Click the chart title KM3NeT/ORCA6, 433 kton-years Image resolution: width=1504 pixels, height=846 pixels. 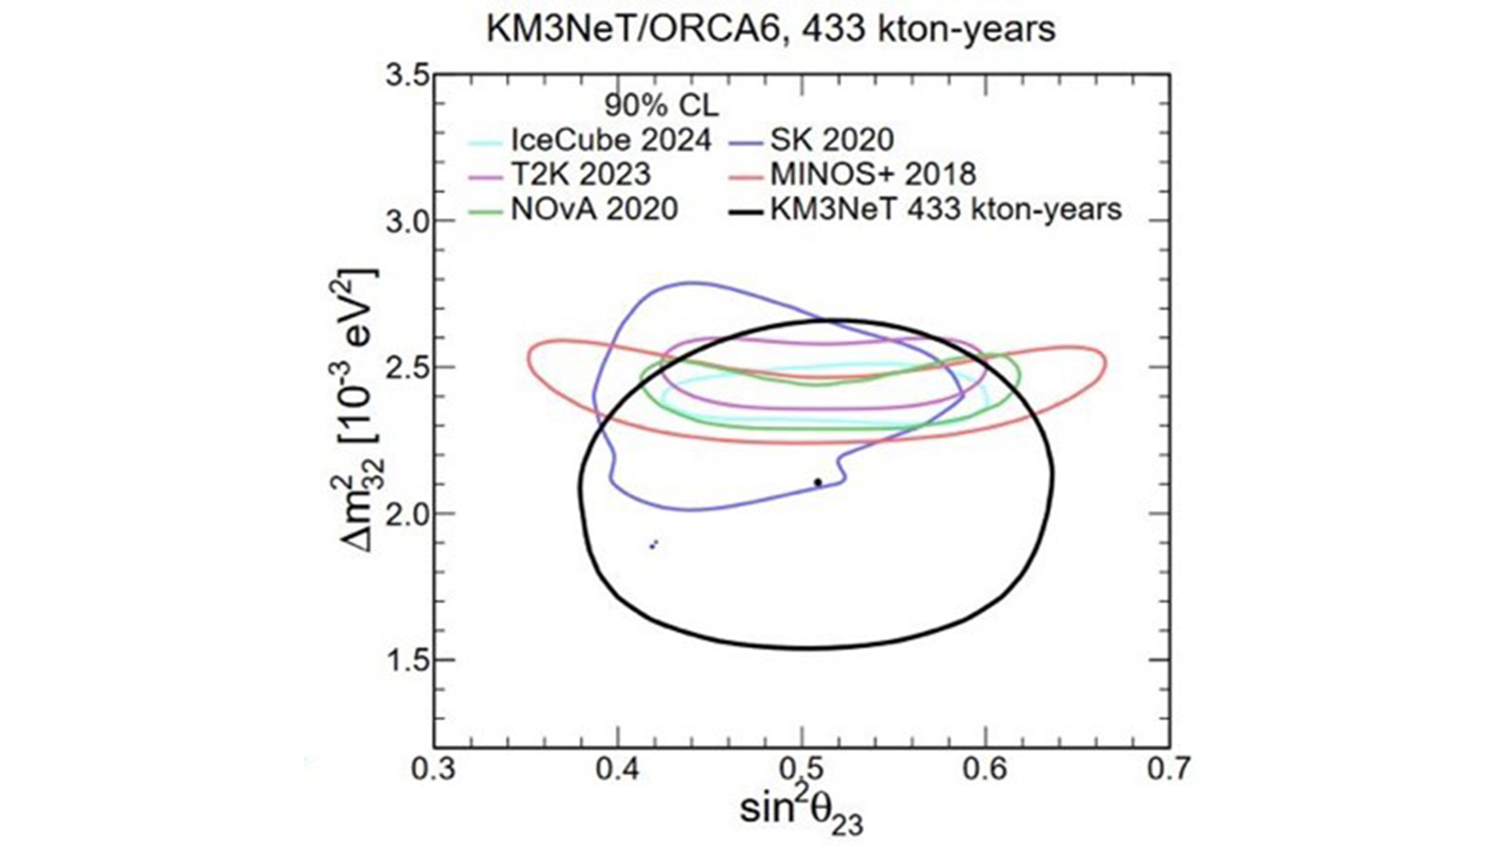coord(771,30)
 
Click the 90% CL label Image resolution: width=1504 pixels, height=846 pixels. coord(661,104)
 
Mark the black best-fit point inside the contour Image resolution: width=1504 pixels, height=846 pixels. coord(818,483)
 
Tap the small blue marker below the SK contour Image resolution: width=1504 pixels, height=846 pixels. coord(653,544)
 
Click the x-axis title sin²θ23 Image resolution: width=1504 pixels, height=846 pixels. coord(801,811)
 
